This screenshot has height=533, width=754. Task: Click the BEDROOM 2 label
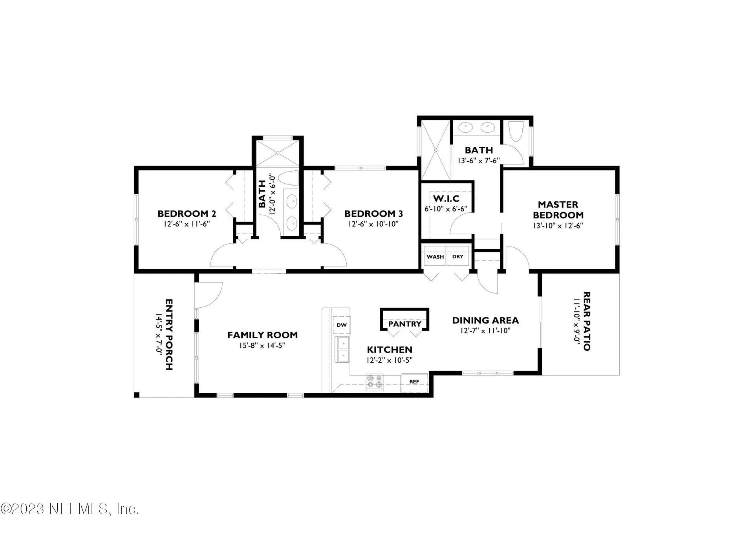[x=187, y=214]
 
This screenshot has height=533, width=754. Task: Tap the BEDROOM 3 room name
[x=373, y=214]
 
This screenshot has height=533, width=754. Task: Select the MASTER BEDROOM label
[x=558, y=210]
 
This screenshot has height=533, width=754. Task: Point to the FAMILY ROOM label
[x=262, y=335]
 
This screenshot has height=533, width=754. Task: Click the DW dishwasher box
[x=342, y=325]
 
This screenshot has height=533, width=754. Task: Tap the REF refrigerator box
[x=414, y=381]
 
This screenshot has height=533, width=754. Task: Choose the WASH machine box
[x=435, y=256]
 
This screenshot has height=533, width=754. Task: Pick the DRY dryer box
[x=458, y=256]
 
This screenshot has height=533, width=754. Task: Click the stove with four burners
[x=375, y=382]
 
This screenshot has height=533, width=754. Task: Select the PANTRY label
[x=404, y=324]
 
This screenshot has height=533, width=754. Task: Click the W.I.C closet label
[x=446, y=199]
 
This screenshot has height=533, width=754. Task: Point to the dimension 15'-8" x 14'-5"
[x=262, y=346]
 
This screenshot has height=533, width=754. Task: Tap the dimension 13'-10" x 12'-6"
[x=558, y=226]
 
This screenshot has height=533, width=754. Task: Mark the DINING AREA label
[x=485, y=321]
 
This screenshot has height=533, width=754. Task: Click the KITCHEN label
[x=390, y=350]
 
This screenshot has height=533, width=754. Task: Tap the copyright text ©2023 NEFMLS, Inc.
[x=70, y=509]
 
